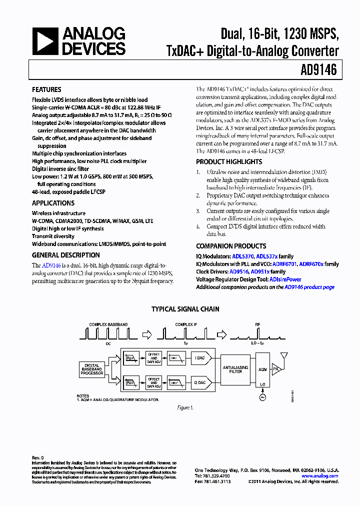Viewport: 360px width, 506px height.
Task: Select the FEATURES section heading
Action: [46, 90]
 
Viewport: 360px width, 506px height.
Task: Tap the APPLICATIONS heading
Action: [53, 203]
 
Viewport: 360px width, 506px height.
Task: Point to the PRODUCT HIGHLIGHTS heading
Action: [228, 162]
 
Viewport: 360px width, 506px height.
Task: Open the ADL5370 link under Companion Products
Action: [243, 256]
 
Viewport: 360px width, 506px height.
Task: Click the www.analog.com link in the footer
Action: [323, 476]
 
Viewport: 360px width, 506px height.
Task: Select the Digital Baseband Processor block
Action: [92, 369]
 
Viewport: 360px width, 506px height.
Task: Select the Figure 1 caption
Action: [185, 408]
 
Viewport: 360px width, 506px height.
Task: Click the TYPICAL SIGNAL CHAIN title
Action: [185, 309]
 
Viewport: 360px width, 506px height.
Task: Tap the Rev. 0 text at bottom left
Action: [38, 458]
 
